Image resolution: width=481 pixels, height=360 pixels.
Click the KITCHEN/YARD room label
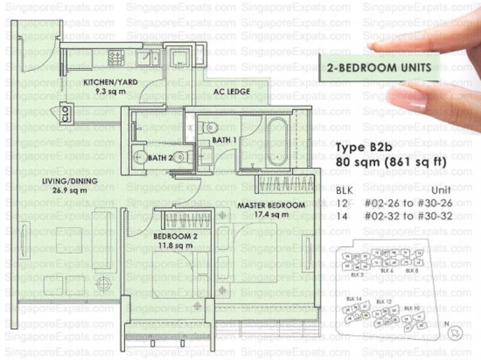pyautogui.click(x=106, y=82)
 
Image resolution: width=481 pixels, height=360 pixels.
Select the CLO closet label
pyautogui.click(x=66, y=114)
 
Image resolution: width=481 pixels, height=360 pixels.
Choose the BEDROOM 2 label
pyautogui.click(x=175, y=236)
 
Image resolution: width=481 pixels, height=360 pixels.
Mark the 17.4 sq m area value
pyautogui.click(x=267, y=215)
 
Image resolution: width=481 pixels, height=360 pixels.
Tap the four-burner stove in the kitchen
pyautogui.click(x=115, y=58)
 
